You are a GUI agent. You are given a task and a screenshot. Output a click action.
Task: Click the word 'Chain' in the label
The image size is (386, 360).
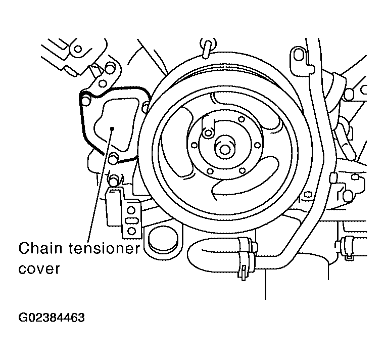(x=40, y=248)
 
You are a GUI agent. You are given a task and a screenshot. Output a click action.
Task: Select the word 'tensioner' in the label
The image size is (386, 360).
(x=104, y=248)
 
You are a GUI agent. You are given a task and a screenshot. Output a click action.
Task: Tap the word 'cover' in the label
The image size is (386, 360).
(x=39, y=269)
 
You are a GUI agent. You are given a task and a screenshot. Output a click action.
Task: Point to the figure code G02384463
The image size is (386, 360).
(x=52, y=318)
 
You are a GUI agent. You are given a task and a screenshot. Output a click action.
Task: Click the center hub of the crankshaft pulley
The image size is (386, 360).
(x=224, y=149)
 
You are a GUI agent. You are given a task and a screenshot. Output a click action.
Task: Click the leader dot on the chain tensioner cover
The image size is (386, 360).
(x=112, y=128)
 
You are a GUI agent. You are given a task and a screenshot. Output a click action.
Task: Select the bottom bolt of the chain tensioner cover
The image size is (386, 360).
(x=113, y=158)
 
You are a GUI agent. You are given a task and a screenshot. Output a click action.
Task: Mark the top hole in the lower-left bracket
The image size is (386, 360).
(x=131, y=210)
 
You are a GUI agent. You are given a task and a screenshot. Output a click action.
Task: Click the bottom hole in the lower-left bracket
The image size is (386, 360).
(x=132, y=231)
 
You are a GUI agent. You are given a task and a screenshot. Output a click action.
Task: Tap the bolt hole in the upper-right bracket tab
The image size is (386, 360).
(x=299, y=54)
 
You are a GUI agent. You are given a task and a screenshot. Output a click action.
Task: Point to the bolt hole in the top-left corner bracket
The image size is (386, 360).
(x=78, y=49)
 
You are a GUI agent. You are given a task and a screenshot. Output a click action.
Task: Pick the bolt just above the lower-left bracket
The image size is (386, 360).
(x=114, y=179)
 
